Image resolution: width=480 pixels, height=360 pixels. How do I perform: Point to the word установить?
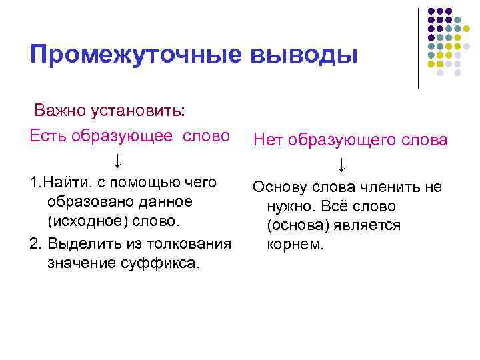[x=143, y=109]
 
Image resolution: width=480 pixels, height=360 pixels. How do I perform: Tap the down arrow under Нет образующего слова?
[x=341, y=163]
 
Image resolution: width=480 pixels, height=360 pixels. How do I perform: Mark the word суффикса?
[x=161, y=263]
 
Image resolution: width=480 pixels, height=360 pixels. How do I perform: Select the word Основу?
[x=278, y=187]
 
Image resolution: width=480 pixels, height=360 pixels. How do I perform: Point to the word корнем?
[x=295, y=245]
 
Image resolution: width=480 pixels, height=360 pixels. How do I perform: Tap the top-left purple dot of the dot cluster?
[x=431, y=11]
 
